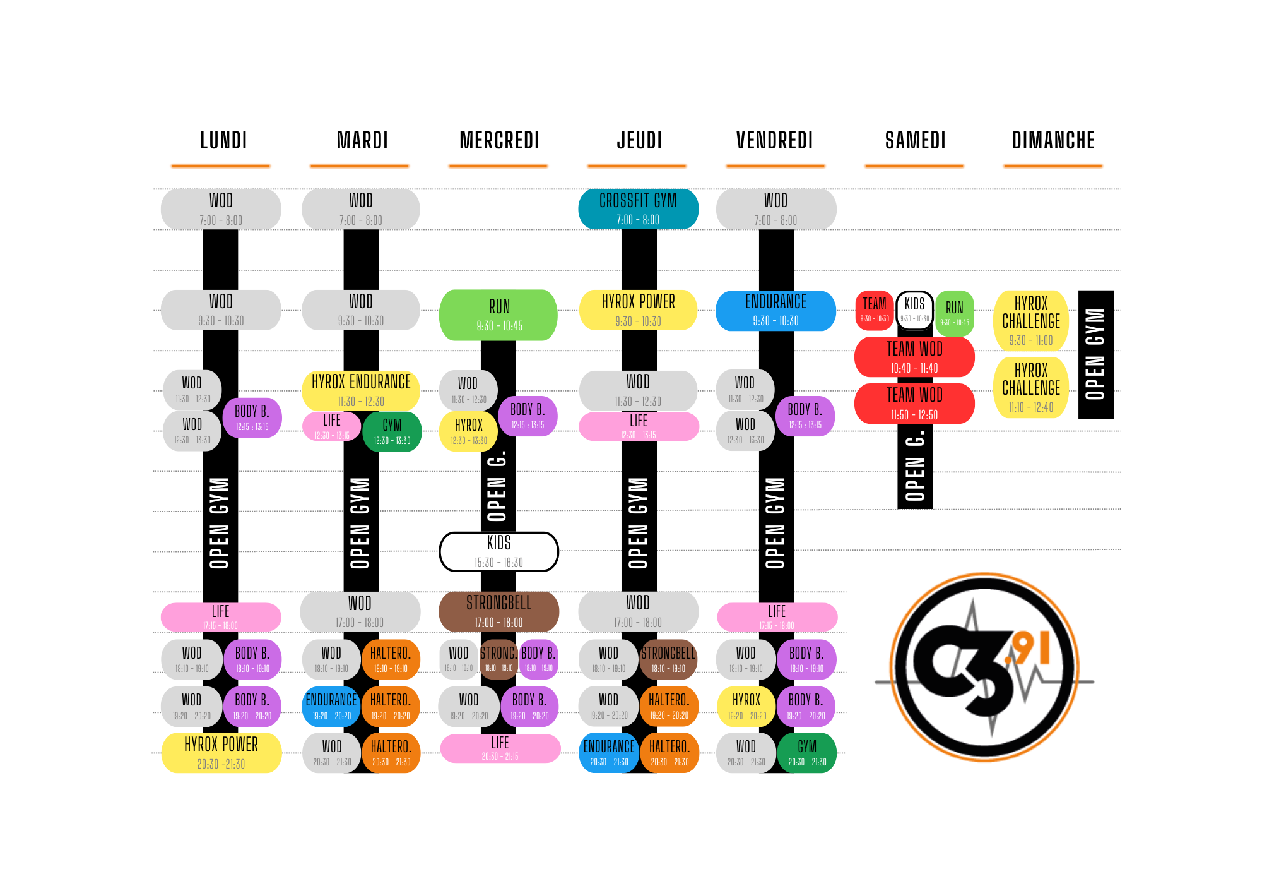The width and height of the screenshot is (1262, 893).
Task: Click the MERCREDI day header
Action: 499,140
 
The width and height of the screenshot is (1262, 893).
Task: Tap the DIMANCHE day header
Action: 1053,140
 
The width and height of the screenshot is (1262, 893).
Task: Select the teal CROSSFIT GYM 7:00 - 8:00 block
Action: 638,209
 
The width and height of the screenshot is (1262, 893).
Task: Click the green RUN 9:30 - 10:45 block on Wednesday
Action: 498,315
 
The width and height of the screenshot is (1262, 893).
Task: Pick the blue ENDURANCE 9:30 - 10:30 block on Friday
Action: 775,310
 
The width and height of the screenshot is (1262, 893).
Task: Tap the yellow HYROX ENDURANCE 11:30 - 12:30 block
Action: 361,390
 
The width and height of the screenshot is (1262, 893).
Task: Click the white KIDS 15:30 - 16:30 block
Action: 498,551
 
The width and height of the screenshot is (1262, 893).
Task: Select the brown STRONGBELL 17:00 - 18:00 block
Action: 498,611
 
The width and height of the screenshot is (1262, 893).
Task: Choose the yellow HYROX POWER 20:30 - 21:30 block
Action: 221,753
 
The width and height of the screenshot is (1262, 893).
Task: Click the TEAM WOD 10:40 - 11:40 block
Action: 914,357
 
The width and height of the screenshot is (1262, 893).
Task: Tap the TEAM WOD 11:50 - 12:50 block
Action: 914,404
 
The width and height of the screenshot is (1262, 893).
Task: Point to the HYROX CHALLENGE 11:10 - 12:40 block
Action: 1031,387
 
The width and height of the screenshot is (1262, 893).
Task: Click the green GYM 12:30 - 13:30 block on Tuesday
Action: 392,432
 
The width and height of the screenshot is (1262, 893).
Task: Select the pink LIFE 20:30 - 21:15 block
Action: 500,748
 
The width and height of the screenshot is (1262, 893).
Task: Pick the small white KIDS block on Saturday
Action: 914,309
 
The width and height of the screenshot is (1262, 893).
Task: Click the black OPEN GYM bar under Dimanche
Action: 1095,354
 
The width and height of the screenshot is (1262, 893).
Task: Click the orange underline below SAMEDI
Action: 914,166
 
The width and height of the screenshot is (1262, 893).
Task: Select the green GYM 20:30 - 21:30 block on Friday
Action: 807,753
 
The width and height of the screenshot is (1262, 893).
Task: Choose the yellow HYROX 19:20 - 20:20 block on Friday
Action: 746,707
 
